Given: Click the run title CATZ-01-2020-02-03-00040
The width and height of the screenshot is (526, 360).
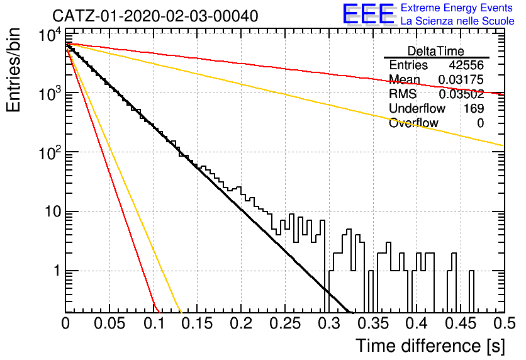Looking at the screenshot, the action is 155,16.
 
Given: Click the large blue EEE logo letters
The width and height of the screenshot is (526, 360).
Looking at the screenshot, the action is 369,14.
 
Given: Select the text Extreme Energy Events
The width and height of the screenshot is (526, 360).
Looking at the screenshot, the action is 457,8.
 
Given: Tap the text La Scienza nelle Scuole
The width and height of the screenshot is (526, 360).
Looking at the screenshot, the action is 457,21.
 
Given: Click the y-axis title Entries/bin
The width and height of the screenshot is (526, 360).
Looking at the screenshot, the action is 13,70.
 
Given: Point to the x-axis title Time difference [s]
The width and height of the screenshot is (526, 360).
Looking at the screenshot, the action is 430,346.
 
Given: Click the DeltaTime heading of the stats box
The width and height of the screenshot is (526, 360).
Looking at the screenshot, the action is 436,51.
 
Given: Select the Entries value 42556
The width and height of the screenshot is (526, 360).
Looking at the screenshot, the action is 466,65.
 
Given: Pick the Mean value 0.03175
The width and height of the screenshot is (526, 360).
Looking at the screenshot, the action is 461,80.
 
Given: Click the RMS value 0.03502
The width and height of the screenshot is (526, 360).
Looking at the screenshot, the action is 461,94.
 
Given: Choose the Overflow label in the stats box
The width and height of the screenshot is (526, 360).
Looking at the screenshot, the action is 413,123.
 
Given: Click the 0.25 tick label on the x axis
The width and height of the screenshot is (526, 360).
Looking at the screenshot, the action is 285,323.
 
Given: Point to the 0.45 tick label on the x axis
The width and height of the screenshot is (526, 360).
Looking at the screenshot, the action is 461,323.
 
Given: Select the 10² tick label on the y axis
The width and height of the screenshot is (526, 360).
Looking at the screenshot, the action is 50,153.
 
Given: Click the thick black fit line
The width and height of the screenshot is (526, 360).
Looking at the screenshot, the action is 209,178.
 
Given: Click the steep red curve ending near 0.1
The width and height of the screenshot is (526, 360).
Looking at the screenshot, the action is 111,174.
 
